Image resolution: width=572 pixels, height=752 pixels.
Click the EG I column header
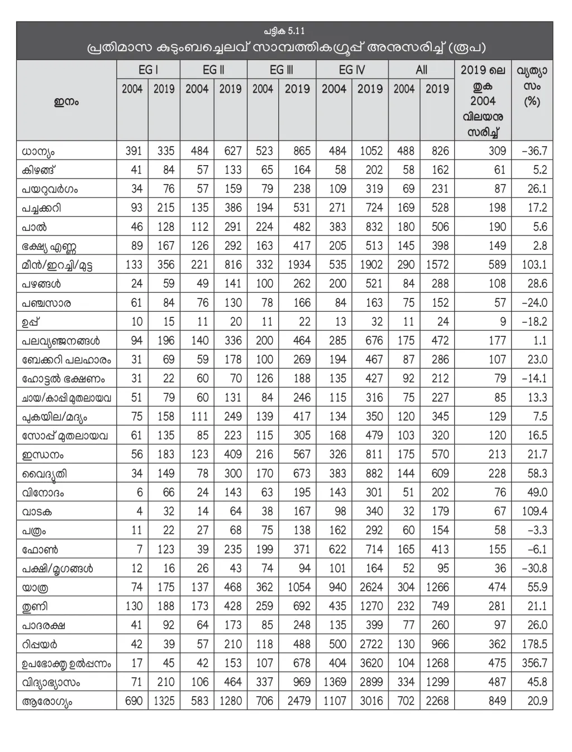(x=148, y=70)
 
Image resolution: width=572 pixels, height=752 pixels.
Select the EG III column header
(x=281, y=70)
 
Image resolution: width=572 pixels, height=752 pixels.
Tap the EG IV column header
(x=351, y=70)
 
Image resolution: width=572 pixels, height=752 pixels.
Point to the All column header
(x=421, y=70)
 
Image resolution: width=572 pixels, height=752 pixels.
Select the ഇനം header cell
(x=66, y=102)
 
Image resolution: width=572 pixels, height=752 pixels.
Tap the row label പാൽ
(x=34, y=227)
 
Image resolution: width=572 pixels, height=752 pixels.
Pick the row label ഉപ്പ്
(x=31, y=322)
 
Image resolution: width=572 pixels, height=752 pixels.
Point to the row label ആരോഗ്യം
(x=47, y=701)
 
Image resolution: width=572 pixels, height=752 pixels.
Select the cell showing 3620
(x=371, y=663)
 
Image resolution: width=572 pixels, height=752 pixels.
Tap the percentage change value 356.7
(x=534, y=663)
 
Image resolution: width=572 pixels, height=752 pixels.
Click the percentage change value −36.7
(x=534, y=151)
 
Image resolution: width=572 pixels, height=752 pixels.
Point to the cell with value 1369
(x=334, y=682)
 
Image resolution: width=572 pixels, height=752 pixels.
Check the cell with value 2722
(x=371, y=644)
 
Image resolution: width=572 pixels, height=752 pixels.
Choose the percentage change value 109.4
(x=534, y=512)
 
